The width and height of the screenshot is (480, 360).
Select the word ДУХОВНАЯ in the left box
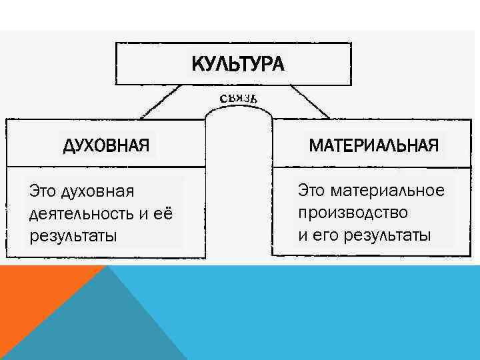(x=105, y=144)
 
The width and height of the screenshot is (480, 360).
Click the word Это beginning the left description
(x=43, y=192)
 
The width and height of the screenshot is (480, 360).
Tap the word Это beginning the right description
(x=312, y=191)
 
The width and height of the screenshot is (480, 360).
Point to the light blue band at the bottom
(x=333, y=313)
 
